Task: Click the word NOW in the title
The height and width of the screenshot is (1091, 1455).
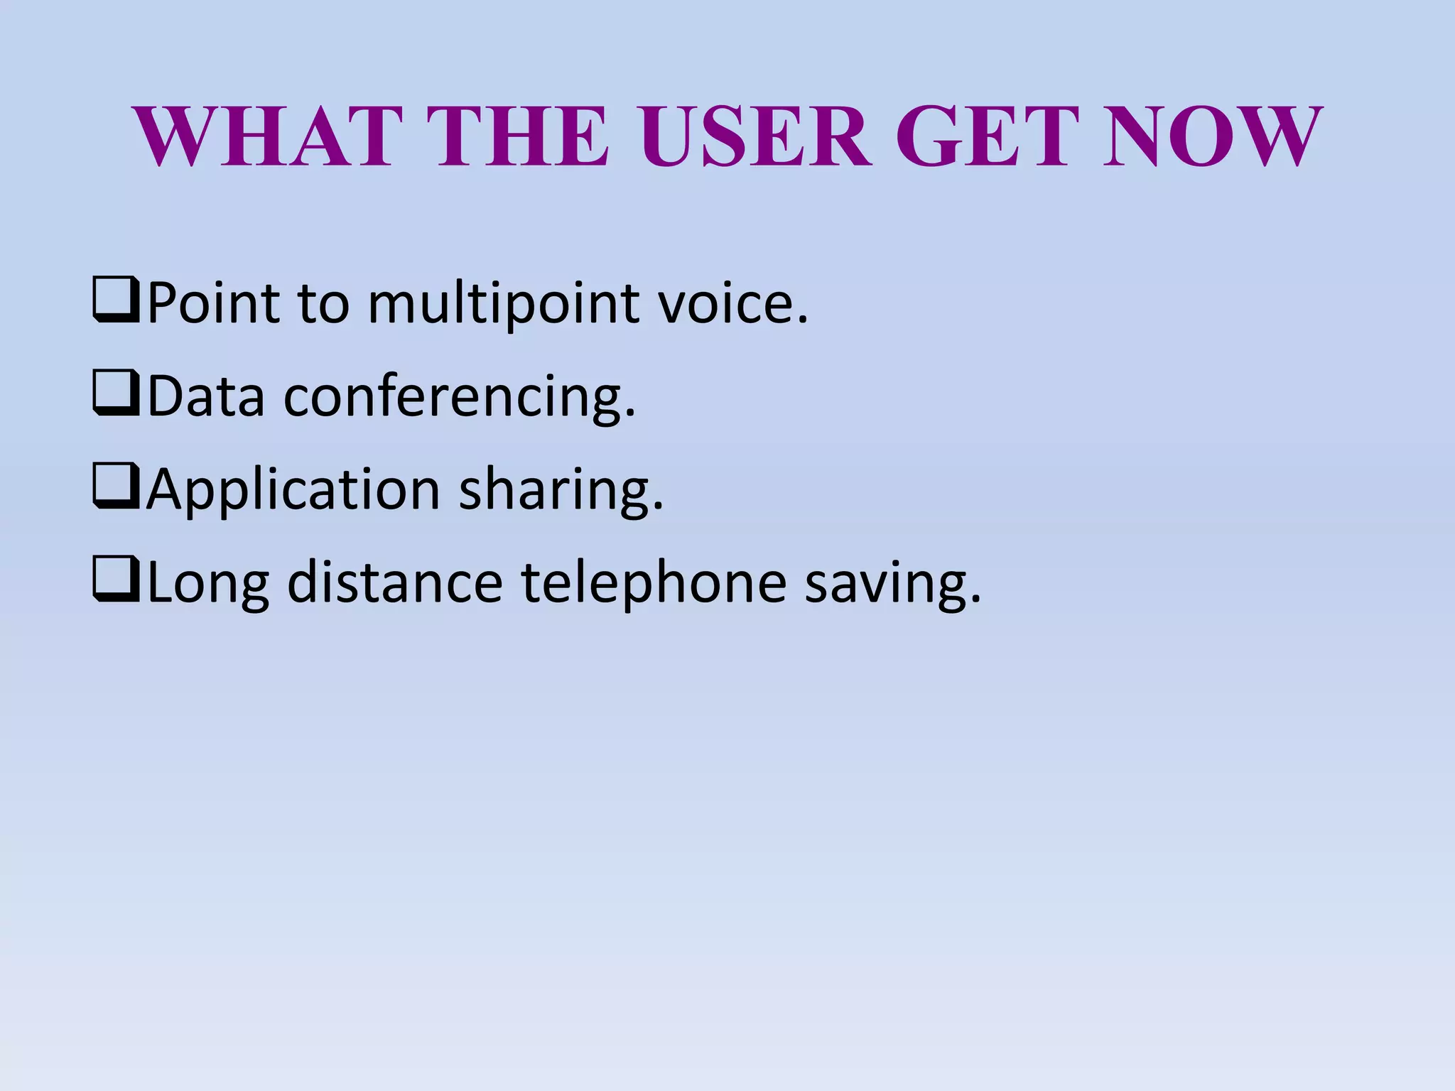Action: [x=1211, y=136]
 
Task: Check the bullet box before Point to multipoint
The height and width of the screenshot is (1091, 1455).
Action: [x=116, y=302]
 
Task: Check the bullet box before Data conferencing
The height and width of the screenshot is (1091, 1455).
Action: [x=116, y=395]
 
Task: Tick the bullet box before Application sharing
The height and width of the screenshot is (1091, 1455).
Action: [x=116, y=488]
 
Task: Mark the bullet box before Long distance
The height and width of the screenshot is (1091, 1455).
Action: [x=116, y=581]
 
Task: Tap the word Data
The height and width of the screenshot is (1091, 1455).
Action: [x=206, y=396]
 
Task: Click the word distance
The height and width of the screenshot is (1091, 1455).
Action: [x=395, y=582]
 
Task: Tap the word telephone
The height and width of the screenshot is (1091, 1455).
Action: [x=654, y=585]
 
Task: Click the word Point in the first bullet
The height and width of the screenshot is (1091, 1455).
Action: [x=213, y=303]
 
